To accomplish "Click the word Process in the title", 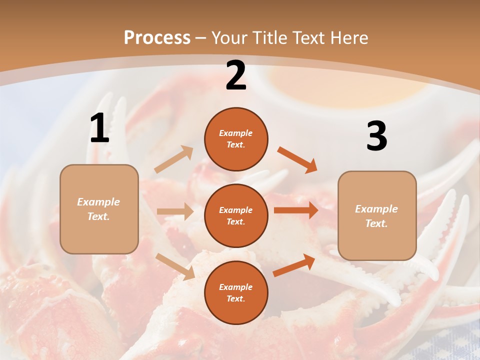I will (x=157, y=38).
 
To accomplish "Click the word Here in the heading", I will (x=347, y=38).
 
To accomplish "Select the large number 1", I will (x=99, y=128).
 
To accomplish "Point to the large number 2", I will (x=236, y=75).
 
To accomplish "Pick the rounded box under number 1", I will (x=99, y=209).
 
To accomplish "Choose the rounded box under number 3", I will (x=377, y=216).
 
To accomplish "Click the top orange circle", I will (x=236, y=139).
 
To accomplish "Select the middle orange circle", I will (x=236, y=215).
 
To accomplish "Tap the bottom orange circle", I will (x=236, y=292).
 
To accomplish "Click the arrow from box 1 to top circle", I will (x=174, y=159).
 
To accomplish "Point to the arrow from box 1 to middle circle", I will (x=175, y=211).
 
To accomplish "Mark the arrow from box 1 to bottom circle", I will (x=175, y=266).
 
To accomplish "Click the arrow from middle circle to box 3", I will (x=296, y=210).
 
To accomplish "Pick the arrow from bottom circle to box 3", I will (x=294, y=265).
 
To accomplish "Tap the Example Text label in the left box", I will (x=99, y=209).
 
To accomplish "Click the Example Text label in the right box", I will (x=377, y=216).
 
